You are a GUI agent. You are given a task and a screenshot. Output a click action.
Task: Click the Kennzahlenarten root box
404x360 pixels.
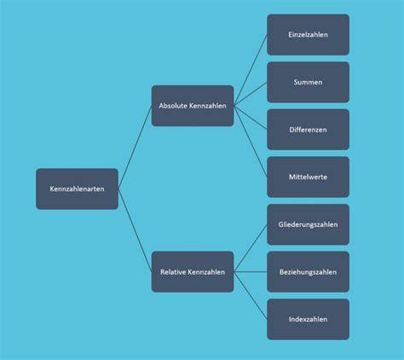coord(77,189)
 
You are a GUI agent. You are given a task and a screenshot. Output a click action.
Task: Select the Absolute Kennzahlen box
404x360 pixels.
coord(193,106)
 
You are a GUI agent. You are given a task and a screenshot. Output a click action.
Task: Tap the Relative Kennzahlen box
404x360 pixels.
coord(193,272)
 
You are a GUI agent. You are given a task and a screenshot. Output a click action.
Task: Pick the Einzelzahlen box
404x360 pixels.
coord(308,35)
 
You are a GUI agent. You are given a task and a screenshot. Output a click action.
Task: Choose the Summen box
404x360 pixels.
coord(308,82)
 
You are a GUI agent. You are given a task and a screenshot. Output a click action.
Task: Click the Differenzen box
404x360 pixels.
coord(308,130)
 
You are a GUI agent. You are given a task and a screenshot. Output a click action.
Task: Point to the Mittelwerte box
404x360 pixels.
coord(308,177)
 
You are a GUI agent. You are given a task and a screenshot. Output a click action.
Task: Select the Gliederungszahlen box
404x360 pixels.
coord(308,224)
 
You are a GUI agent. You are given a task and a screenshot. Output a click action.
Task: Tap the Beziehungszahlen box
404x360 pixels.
coord(308,272)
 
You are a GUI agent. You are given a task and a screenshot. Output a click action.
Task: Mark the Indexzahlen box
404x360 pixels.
coord(308,319)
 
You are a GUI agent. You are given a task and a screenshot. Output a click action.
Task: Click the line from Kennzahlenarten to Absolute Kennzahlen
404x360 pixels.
coord(135,148)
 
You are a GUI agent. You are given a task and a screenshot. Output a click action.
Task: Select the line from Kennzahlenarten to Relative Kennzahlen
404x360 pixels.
coord(135,230)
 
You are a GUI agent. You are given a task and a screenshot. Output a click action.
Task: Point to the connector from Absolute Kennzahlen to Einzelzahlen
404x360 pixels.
coord(251,70)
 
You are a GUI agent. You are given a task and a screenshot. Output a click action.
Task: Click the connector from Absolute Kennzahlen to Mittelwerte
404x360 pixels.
coord(251,142)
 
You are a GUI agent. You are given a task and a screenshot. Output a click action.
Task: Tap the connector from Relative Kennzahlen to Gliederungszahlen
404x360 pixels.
coord(251,248)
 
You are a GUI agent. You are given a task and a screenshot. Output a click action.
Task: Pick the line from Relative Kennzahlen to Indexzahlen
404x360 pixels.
coord(251,295)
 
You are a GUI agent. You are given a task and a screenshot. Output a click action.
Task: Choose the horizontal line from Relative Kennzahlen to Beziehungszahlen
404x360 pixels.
coord(251,272)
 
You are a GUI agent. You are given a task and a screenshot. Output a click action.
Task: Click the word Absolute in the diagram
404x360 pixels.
coord(173,106)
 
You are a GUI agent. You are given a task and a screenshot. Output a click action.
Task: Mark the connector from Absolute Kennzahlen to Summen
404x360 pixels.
coord(251,94)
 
